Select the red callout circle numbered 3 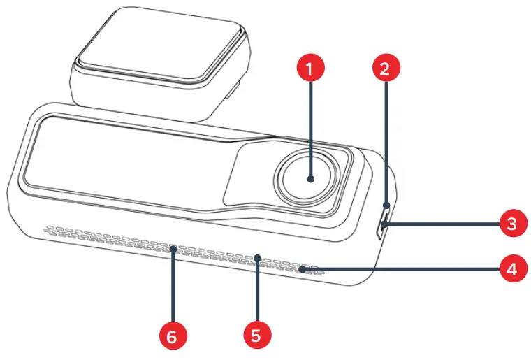coord(512,225)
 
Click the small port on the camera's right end coord(382,228)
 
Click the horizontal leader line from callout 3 coord(440,225)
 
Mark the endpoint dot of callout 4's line coord(303,268)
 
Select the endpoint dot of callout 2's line coord(386,205)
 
